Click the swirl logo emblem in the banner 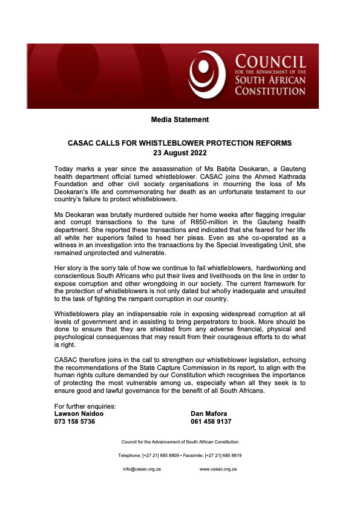coord(208,75)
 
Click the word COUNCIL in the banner coord(270,62)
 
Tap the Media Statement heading coord(180,120)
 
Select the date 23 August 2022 coord(179,154)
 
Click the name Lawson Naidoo coord(79,414)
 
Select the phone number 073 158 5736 coord(75,422)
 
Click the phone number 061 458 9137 coord(211,422)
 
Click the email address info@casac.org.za coord(142,469)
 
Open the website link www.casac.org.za coord(218,469)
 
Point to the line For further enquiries coord(85,406)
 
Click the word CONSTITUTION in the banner coord(270,91)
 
